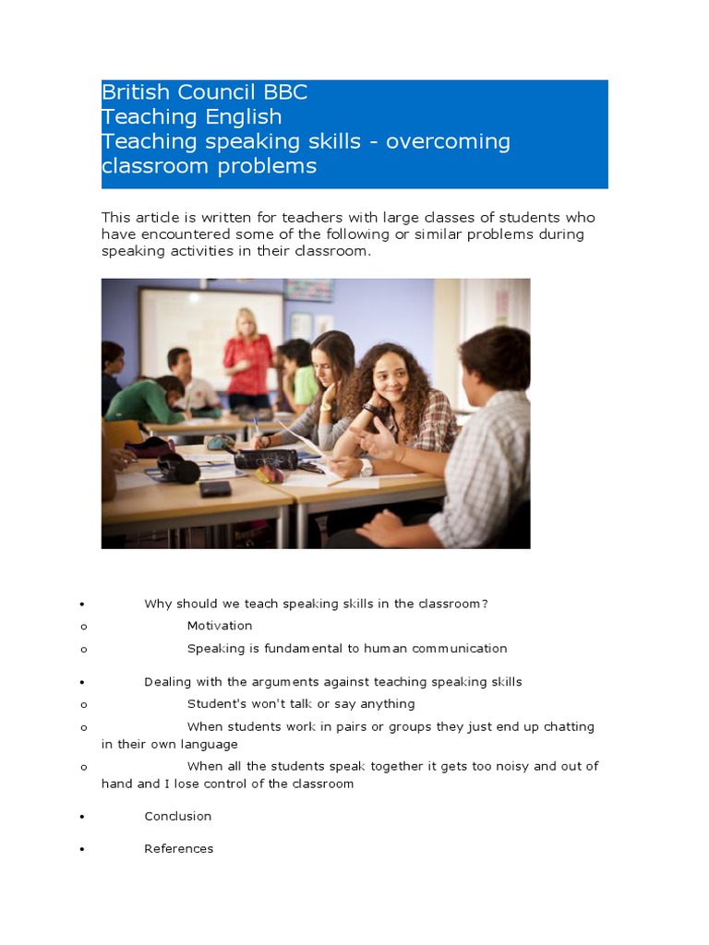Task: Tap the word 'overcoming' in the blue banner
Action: (x=448, y=142)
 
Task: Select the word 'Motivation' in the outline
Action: (x=220, y=626)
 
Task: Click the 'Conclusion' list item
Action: (x=178, y=816)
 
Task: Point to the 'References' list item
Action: (x=179, y=849)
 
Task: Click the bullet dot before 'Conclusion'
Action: (x=83, y=818)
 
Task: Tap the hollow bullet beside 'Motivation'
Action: (x=83, y=627)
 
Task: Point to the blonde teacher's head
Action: (x=246, y=324)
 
